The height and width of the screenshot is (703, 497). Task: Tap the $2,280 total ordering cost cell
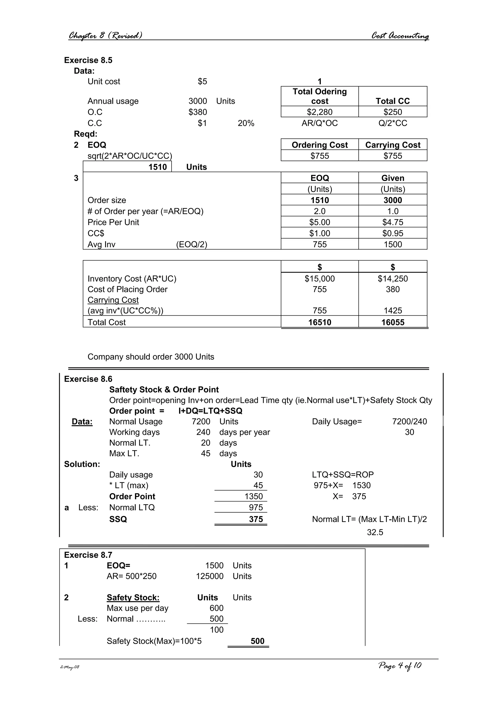[x=319, y=112]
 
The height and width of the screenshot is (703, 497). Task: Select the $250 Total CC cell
[x=393, y=112]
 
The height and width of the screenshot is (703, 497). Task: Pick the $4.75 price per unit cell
[x=393, y=222]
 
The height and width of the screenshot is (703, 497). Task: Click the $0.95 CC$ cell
[x=393, y=233]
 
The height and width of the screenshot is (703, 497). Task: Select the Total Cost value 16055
[x=393, y=322]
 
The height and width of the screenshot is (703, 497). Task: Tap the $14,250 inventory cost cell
[x=393, y=279]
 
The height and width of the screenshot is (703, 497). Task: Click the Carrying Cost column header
[x=393, y=145]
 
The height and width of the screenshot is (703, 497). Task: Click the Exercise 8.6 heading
[x=88, y=379]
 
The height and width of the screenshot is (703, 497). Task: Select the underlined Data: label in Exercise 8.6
[x=82, y=422]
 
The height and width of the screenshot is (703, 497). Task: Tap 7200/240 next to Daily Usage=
[x=409, y=422]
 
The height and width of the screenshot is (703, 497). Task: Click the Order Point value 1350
[x=254, y=496]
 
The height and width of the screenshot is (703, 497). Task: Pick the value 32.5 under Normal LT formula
[x=375, y=532]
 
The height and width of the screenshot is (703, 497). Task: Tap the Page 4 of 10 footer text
[x=400, y=666]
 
